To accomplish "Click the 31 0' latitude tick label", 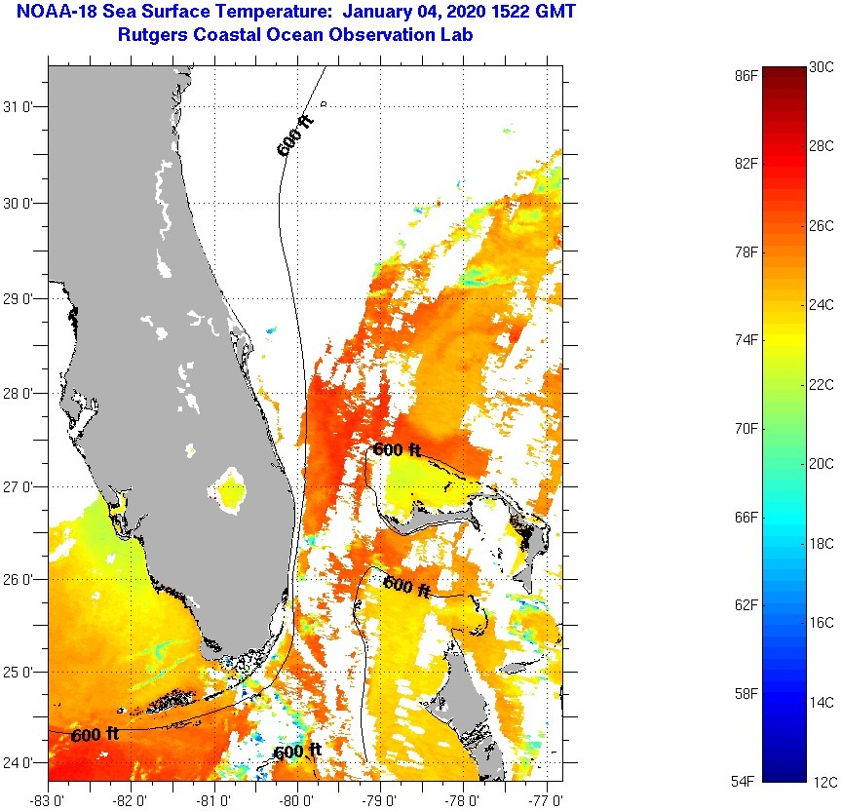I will pos(20,107).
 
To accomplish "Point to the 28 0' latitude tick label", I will pos(20,394).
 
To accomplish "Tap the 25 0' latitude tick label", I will pos(20,673).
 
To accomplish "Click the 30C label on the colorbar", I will pos(822,67).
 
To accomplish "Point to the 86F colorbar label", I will pos(747,74).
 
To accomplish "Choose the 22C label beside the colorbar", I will pos(822,385).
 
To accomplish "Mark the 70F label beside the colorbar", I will pos(747,428).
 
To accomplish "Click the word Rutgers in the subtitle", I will pos(152,35).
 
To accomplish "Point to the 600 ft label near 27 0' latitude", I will pos(397,450).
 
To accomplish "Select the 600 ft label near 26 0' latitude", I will pos(407,587).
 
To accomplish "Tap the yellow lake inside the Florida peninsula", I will pos(232,492).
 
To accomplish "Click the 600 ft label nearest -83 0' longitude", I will pos(95,734).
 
